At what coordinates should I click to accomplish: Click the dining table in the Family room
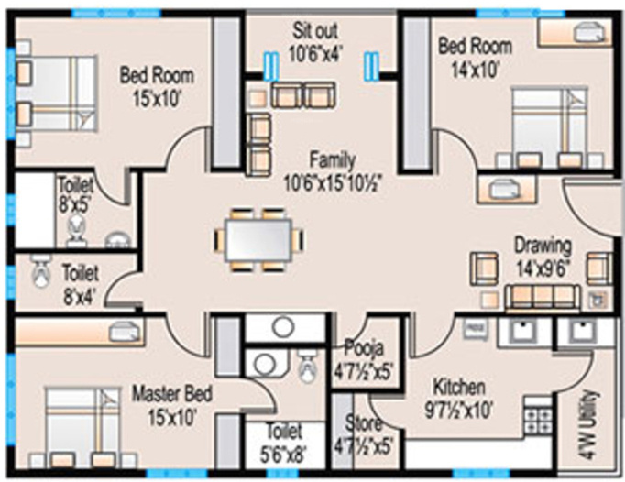(x=258, y=240)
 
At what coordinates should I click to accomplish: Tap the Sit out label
(x=315, y=31)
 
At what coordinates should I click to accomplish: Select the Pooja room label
(x=364, y=347)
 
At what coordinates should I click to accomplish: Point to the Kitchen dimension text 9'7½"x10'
(x=459, y=410)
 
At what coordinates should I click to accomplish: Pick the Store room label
(x=363, y=423)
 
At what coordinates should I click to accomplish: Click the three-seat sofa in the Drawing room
(x=543, y=297)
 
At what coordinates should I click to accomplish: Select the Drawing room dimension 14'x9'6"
(x=543, y=268)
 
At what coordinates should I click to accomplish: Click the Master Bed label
(x=172, y=394)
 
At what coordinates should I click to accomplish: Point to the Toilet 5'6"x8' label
(x=284, y=444)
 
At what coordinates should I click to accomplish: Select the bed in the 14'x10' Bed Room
(x=550, y=126)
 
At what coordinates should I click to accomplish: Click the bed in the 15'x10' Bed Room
(x=56, y=93)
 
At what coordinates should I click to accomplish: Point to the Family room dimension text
(x=334, y=184)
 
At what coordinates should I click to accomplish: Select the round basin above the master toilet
(x=283, y=327)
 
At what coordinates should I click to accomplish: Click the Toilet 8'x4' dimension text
(x=81, y=298)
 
